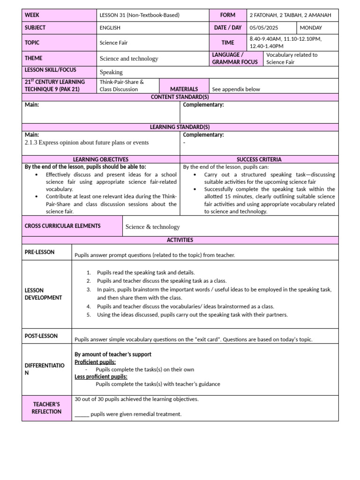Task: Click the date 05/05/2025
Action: click(x=264, y=28)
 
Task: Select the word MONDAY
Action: click(x=311, y=28)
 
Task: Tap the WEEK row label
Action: click(x=32, y=15)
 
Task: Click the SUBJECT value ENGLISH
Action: click(x=110, y=28)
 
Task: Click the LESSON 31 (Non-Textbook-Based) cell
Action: click(x=139, y=15)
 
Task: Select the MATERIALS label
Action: click(x=184, y=89)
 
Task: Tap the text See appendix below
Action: click(x=236, y=89)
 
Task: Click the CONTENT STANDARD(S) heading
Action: click(x=180, y=97)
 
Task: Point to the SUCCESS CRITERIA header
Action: click(x=259, y=159)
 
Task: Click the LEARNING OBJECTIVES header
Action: click(x=101, y=159)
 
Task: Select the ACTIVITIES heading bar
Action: click(x=180, y=240)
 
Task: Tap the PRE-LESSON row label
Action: click(x=39, y=252)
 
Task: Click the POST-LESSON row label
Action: click(x=41, y=336)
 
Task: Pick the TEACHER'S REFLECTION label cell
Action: click(x=46, y=408)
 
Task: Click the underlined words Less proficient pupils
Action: click(x=101, y=376)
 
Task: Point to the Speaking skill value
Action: click(x=111, y=72)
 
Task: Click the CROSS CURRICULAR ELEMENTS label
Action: click(x=62, y=226)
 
